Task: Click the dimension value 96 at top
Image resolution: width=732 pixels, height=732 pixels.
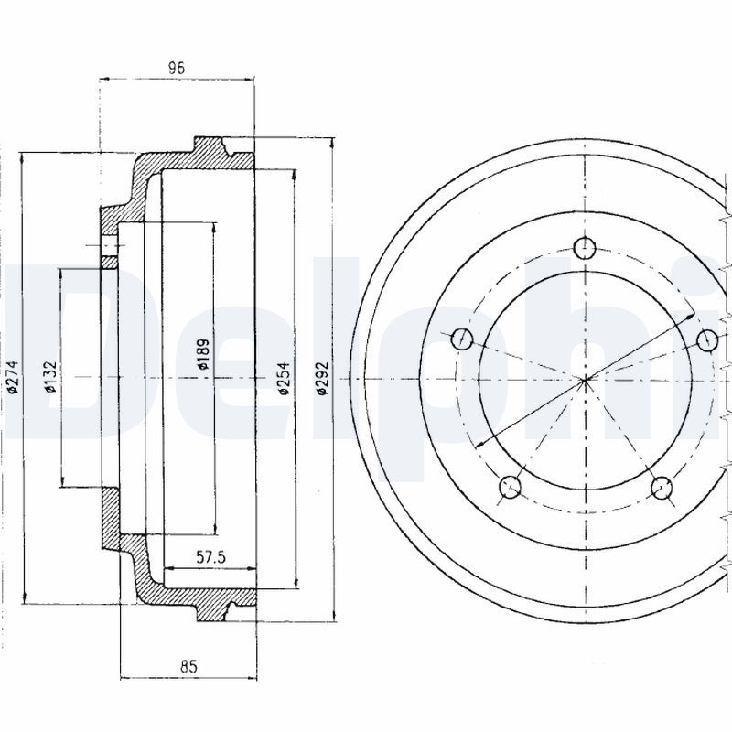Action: (177, 67)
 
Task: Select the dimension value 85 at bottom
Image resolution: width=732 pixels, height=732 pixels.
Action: (188, 666)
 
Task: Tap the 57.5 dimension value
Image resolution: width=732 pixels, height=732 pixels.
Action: (211, 556)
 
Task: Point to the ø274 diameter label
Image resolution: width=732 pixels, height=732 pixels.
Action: (11, 377)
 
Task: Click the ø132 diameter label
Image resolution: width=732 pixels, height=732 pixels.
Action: (50, 377)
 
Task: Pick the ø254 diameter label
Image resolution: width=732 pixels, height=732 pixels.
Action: (285, 377)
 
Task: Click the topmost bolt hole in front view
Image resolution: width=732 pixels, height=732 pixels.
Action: (585, 247)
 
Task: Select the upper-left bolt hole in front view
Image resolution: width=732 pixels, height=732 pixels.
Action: (462, 339)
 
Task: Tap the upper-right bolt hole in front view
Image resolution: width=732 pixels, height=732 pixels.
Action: (706, 339)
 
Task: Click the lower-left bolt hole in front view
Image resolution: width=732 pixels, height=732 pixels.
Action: (510, 488)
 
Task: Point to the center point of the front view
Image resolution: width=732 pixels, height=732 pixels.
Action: (585, 378)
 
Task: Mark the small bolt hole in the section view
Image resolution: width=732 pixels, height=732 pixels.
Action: (110, 246)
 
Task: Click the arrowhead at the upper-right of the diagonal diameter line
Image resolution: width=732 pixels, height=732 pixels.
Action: (691, 316)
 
